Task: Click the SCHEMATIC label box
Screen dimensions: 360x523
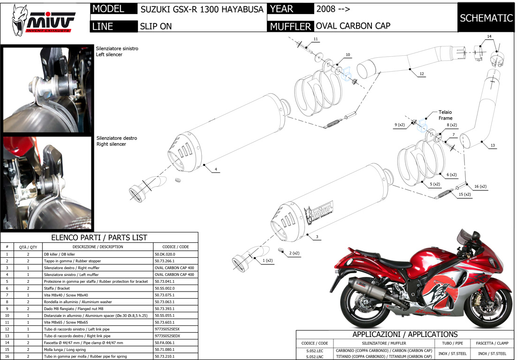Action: [x=486, y=18]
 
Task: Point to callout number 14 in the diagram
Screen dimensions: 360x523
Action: [x=489, y=37]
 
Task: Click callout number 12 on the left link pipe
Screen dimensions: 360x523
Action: [x=422, y=74]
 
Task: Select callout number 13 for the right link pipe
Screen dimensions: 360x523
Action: [x=493, y=146]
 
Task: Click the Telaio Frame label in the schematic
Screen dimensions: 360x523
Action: [x=446, y=115]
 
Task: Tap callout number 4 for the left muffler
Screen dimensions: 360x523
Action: [x=216, y=169]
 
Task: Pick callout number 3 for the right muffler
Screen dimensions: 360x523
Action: [x=317, y=237]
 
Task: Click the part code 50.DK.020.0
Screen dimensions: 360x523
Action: [x=165, y=254]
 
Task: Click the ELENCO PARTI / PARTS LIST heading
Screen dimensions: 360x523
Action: [x=99, y=238]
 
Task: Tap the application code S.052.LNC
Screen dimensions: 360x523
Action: [x=314, y=357]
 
